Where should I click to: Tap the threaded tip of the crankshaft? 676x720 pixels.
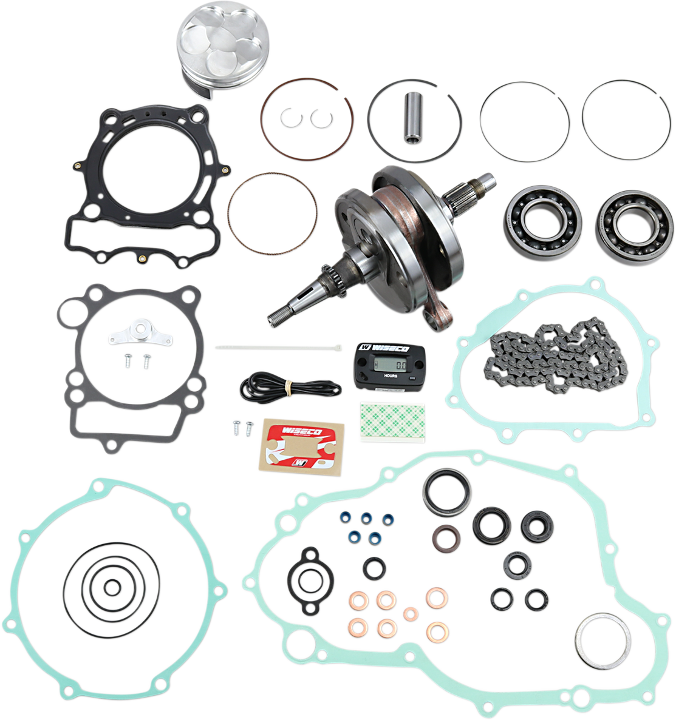click(277, 315)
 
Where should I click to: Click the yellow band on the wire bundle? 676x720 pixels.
click(290, 386)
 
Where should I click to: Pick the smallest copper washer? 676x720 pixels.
click(411, 613)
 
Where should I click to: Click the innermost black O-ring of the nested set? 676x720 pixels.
click(112, 587)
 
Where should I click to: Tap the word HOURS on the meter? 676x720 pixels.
click(391, 376)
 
